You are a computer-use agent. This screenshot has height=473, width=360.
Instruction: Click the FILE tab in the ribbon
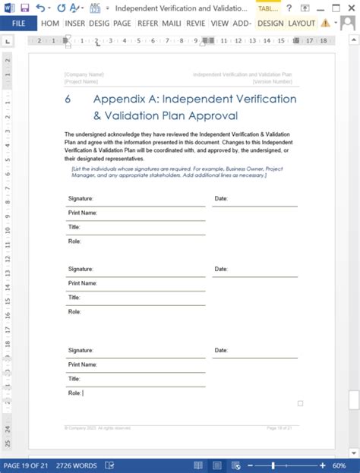[18, 23]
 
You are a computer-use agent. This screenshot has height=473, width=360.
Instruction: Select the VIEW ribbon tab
[219, 23]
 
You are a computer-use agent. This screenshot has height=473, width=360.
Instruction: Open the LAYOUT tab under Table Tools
[302, 23]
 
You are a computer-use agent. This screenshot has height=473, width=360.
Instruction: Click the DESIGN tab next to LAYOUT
[270, 23]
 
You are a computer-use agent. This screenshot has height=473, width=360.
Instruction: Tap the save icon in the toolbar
[24, 8]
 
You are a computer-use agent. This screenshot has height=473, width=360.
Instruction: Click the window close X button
[349, 8]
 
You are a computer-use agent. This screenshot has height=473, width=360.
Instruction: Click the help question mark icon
[289, 8]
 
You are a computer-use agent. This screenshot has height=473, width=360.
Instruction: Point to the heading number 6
[68, 99]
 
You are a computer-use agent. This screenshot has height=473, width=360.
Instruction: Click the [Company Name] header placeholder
[84, 74]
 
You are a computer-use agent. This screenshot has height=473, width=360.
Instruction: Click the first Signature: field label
[81, 199]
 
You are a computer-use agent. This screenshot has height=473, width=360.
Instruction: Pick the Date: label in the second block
[221, 269]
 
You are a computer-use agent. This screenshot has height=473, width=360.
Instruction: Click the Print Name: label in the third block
[83, 364]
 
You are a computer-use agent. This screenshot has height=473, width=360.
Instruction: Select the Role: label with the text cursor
[74, 393]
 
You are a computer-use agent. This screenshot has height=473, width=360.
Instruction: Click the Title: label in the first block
[74, 227]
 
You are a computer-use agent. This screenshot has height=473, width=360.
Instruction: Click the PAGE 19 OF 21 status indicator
[27, 465]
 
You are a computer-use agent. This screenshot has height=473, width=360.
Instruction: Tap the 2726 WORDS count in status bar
[75, 465]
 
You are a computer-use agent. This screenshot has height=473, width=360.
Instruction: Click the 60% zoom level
[339, 465]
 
